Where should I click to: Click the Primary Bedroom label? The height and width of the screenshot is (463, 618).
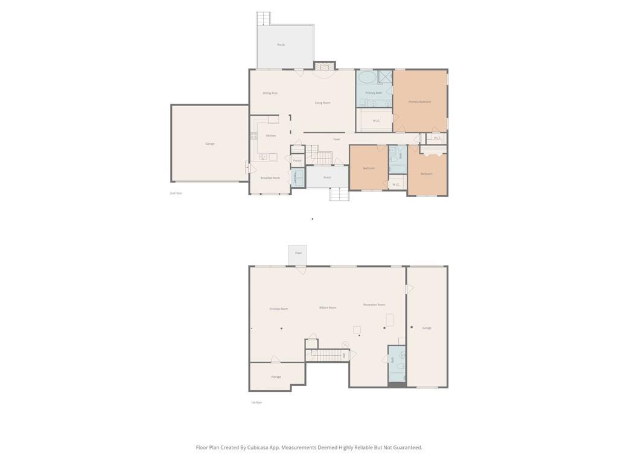(x=419, y=102)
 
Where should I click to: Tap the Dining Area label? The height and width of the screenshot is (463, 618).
(x=270, y=93)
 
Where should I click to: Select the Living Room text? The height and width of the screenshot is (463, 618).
(x=322, y=103)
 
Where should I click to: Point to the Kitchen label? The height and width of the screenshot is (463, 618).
(x=271, y=136)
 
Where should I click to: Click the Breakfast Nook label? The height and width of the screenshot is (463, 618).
(x=270, y=178)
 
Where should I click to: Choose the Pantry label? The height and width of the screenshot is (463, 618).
(x=297, y=161)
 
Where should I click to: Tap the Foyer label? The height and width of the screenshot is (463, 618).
(x=337, y=139)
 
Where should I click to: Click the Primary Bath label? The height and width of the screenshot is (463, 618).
(x=374, y=93)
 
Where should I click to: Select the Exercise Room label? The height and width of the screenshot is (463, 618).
(x=278, y=309)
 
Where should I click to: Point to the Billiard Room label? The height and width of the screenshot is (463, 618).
(x=328, y=307)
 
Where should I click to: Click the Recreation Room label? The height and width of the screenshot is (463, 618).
(x=374, y=304)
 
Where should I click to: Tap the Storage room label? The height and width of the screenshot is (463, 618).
(x=276, y=377)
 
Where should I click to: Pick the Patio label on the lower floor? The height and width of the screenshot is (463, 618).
(x=298, y=253)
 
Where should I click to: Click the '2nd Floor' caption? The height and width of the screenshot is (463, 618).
(x=176, y=193)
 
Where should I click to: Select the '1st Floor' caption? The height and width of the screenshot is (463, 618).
(x=256, y=402)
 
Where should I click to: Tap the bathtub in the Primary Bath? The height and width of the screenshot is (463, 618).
(x=366, y=78)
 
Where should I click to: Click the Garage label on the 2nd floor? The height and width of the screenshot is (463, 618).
(x=209, y=143)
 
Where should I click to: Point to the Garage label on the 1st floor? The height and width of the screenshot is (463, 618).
(x=427, y=328)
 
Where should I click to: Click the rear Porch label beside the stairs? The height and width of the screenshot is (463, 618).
(x=281, y=45)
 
